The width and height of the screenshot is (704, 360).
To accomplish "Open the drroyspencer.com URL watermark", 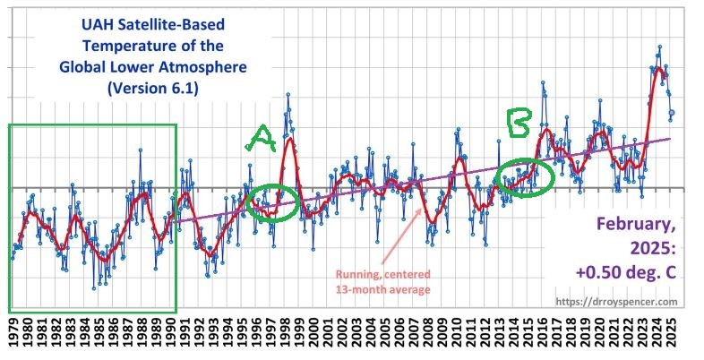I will (x=615, y=303).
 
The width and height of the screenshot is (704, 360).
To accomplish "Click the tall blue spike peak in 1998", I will (x=288, y=94).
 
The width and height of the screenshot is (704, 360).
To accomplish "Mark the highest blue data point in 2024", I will (x=659, y=47).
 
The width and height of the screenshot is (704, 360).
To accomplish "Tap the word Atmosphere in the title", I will (x=195, y=66).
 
